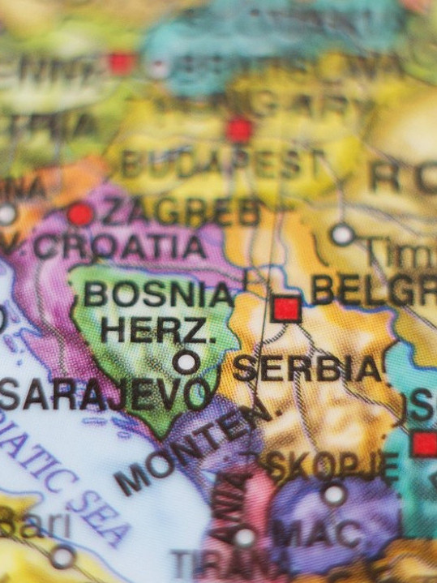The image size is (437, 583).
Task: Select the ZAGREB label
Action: pos(180,212)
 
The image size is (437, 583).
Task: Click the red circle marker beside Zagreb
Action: pos(80,214)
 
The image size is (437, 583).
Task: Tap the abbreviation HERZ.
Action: pos(157,330)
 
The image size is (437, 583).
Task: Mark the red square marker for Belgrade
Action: pos(286,309)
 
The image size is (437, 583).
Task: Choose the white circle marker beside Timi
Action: pos(342,234)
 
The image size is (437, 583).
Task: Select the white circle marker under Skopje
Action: pos(334,493)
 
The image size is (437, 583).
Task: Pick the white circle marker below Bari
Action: pos(62,557)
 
